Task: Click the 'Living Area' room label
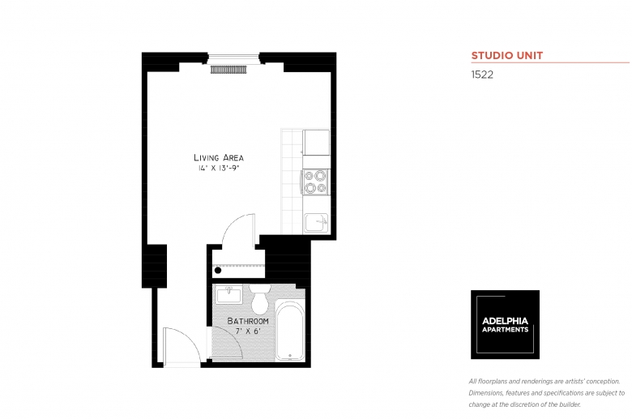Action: (219, 157)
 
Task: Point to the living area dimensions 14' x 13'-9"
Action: (219, 169)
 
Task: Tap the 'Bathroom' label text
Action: (247, 321)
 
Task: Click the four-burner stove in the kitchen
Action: (315, 182)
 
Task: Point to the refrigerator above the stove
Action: (315, 143)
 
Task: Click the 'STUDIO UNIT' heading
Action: (507, 56)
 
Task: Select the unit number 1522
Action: (482, 74)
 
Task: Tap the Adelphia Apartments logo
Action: (506, 324)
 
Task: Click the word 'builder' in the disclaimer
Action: (570, 404)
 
